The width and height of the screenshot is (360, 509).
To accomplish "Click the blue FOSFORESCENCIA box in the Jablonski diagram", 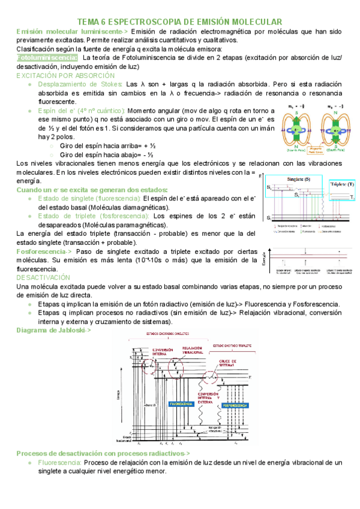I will [x=241, y=405].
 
